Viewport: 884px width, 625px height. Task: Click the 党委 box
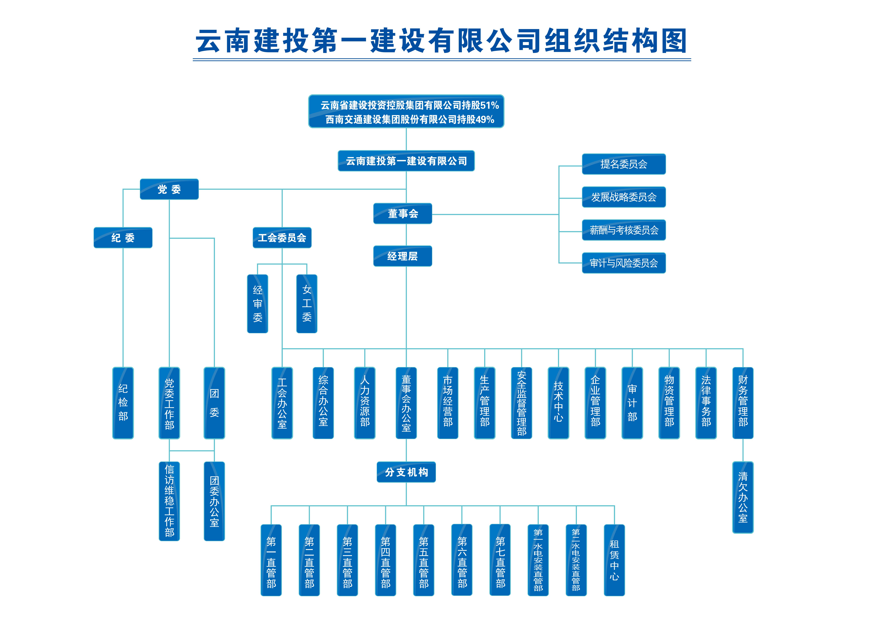tap(169, 189)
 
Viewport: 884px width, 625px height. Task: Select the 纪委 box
tap(123, 238)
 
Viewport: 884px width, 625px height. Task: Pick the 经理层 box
tap(403, 256)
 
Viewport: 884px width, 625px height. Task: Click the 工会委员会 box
tap(282, 238)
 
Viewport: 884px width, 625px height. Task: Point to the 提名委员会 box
tap(624, 164)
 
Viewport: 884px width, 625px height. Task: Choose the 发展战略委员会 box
tap(624, 197)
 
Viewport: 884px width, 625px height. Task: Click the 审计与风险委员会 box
tap(624, 263)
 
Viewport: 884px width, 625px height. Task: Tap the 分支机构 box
tap(406, 472)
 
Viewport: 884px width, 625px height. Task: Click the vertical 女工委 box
tap(307, 303)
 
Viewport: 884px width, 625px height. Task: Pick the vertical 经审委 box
tap(258, 303)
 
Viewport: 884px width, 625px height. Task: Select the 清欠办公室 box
tap(743, 497)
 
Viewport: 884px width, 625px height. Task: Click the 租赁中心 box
tap(614, 560)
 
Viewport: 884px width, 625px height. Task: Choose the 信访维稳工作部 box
tap(169, 501)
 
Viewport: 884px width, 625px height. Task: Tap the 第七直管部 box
tap(500, 560)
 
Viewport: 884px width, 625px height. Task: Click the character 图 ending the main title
tap(674, 41)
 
